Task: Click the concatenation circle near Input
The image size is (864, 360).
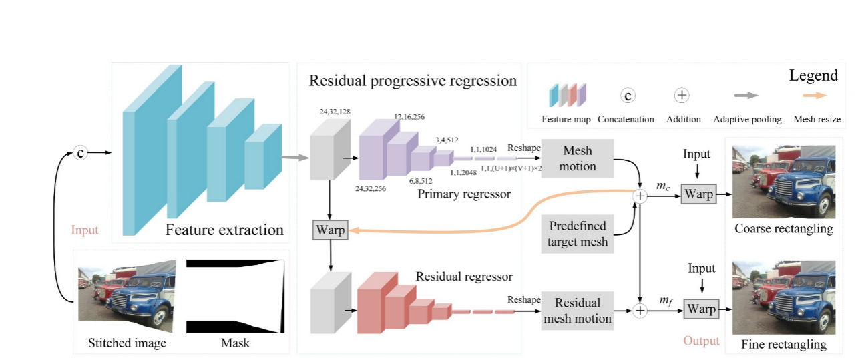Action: (x=81, y=153)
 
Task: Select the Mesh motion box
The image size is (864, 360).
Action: (x=577, y=159)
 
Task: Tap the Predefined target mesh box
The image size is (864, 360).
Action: (x=578, y=234)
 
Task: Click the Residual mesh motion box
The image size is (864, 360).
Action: (x=577, y=310)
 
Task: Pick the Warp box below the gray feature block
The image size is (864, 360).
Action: (x=330, y=230)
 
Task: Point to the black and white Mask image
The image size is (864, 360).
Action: (x=235, y=296)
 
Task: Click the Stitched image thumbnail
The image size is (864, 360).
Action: (x=127, y=296)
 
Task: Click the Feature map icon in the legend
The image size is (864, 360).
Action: (x=568, y=96)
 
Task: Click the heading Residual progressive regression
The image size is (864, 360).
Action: (x=413, y=81)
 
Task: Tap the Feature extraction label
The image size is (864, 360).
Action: (x=225, y=230)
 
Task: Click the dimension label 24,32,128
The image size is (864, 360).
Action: (x=336, y=111)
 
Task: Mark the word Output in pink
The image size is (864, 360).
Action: (x=701, y=341)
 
